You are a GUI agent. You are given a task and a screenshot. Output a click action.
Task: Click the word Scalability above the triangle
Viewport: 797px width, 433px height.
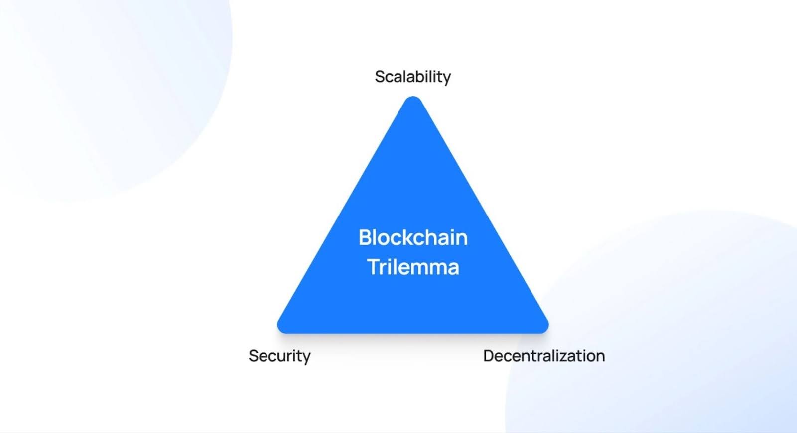413,77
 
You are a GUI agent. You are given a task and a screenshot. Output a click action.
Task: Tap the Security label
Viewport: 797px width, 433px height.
279,356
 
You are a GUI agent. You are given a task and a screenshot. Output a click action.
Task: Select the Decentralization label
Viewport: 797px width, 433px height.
544,356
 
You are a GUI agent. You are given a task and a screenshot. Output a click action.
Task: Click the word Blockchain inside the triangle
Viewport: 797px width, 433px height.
413,237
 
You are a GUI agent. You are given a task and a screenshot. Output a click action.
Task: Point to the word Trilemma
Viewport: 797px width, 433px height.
413,267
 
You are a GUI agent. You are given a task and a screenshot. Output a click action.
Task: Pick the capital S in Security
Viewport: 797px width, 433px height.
254,356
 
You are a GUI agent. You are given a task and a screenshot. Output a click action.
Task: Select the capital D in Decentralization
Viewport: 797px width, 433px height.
489,356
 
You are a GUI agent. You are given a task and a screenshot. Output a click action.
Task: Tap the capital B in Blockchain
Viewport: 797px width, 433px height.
365,237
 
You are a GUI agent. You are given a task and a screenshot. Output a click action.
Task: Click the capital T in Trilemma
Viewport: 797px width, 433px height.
374,267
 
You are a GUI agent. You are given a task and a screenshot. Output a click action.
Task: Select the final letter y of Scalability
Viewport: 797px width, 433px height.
446,79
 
